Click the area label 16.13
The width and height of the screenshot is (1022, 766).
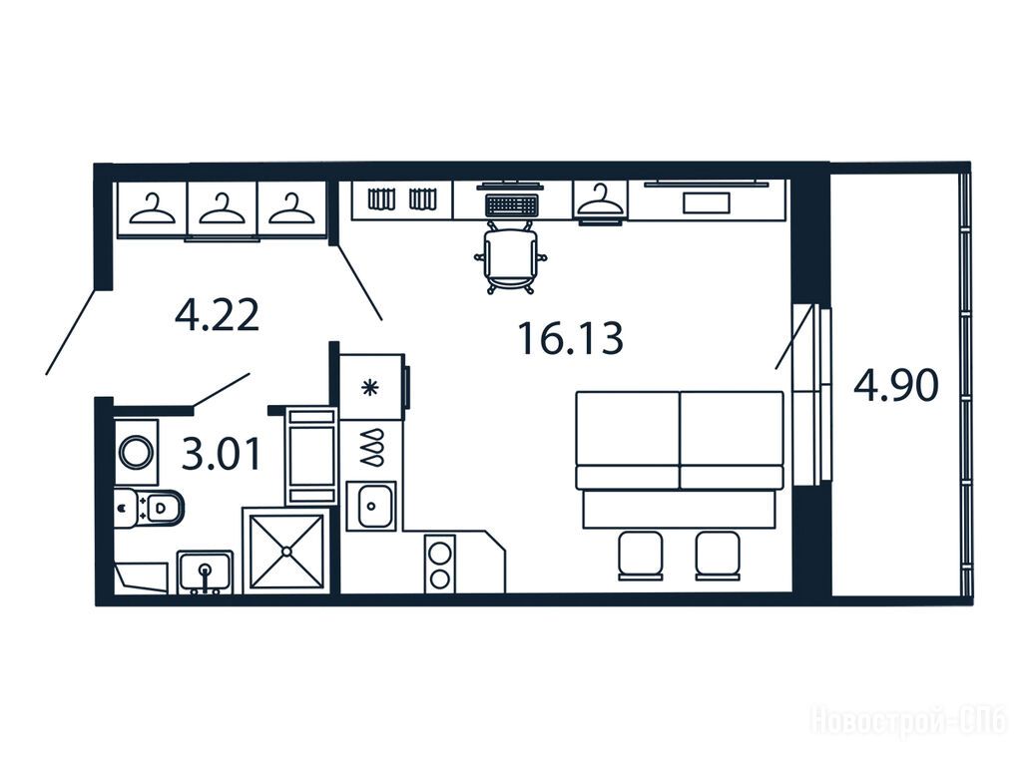point(570,338)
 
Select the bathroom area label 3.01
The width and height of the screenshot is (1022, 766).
point(221,454)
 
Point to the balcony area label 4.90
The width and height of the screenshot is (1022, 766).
point(896,385)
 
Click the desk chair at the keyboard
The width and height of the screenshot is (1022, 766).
point(510,257)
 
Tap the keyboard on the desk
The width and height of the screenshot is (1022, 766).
point(511,204)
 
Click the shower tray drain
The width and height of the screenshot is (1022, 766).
point(286,551)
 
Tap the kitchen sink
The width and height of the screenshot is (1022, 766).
point(371,506)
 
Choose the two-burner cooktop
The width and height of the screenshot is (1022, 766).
point(440,564)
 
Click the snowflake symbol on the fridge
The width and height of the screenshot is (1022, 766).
point(369,388)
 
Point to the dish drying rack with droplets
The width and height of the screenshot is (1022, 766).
point(371,447)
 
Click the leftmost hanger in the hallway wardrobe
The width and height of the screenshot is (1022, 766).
point(152,208)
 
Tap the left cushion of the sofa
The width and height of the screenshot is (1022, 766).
point(628,440)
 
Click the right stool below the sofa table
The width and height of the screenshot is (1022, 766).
point(718,555)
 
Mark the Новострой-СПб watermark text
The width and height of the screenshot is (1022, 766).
point(908,722)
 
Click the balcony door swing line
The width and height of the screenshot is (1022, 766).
point(794,337)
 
